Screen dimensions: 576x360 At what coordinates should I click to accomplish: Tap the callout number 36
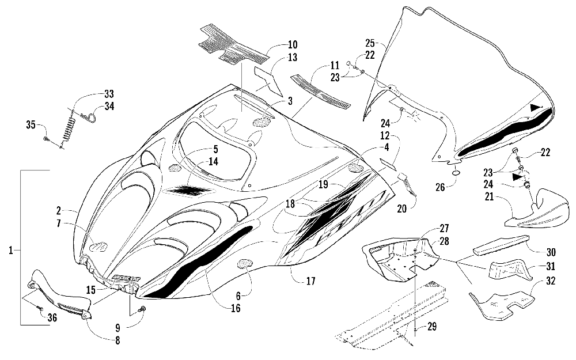[x=52, y=317]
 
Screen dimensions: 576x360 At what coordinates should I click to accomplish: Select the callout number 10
[x=293, y=45]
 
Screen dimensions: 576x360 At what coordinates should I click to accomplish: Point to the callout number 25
[x=370, y=43]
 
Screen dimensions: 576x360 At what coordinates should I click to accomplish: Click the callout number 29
[x=432, y=327]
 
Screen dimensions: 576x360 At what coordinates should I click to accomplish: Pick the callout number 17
[x=311, y=282]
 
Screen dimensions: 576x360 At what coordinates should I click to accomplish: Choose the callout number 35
[x=31, y=125]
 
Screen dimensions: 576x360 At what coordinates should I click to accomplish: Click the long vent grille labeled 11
[x=320, y=92]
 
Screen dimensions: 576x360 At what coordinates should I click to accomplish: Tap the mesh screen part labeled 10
[x=232, y=43]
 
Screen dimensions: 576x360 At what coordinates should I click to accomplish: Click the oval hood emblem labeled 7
[x=99, y=247]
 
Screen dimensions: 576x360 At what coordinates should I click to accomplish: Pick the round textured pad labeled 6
[x=245, y=263]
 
